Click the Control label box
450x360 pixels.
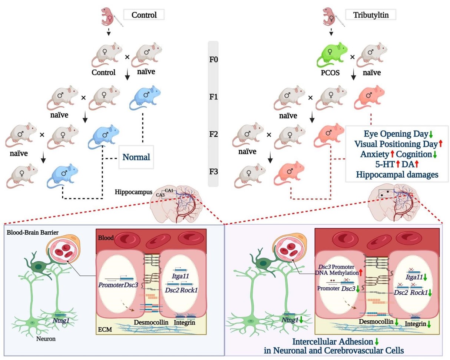(143, 15)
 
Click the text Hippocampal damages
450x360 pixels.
(397, 174)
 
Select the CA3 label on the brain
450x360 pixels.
(161, 195)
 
